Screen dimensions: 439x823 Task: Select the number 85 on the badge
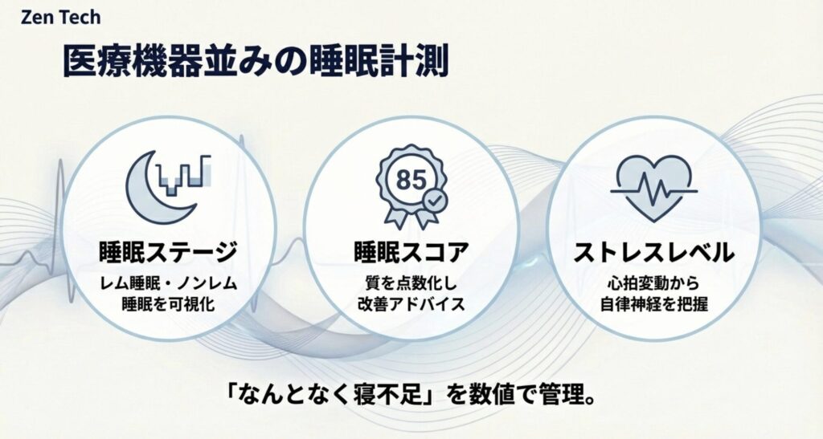point(410,180)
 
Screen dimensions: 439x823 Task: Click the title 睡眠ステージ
point(169,253)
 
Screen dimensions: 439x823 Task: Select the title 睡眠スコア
point(411,253)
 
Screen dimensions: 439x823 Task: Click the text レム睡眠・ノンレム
point(169,283)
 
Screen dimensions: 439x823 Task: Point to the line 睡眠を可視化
point(169,304)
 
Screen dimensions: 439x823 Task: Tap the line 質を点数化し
point(411,283)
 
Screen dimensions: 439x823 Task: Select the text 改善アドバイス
point(411,304)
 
